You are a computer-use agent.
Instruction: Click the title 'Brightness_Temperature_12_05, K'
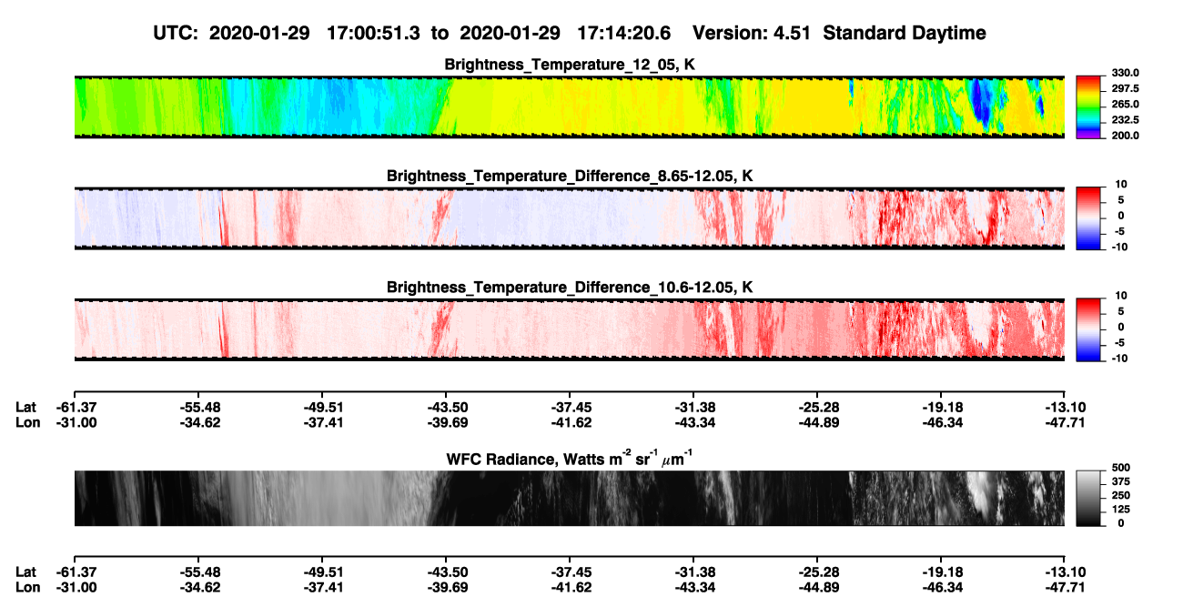(570, 65)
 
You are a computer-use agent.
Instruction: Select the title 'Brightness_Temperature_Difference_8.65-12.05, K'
(570, 176)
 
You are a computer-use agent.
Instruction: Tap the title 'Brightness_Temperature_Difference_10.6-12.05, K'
(570, 288)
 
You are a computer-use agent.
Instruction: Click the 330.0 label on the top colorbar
(1125, 73)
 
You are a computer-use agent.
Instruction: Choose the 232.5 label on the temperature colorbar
(1125, 120)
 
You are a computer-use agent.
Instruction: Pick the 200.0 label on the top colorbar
(1125, 136)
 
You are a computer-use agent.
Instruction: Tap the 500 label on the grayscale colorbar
(1121, 468)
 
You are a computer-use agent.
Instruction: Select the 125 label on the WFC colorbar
(1121, 510)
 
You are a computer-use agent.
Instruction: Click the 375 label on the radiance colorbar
(1121, 481)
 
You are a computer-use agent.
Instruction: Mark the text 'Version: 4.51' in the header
(751, 33)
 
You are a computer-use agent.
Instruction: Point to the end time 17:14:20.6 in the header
(623, 33)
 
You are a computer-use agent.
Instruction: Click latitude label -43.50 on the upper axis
(448, 408)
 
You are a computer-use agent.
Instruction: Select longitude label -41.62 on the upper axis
(571, 422)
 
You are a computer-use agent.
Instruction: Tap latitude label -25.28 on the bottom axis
(819, 572)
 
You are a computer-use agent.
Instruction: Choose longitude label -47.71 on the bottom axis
(1065, 588)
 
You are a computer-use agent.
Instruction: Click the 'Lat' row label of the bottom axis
(25, 572)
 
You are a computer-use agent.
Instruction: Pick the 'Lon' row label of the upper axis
(28, 422)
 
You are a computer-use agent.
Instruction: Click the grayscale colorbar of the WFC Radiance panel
(1088, 498)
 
